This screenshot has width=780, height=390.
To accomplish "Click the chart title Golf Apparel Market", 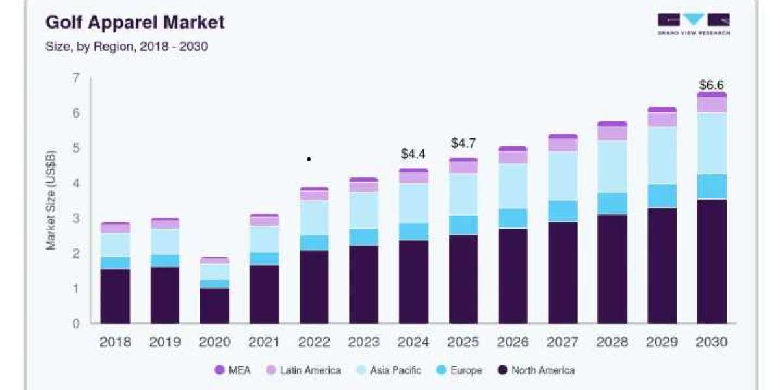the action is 135,22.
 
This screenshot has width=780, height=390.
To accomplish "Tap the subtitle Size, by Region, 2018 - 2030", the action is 127,46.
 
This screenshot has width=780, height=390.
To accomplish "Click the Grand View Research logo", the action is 694,24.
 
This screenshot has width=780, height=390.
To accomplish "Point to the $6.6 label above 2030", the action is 712,84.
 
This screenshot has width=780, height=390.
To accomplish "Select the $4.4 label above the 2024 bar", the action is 413,153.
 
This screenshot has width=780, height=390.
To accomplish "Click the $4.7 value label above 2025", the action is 463,143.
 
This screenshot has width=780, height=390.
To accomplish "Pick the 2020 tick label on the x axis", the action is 214,342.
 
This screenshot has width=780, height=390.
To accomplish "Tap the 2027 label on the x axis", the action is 562,342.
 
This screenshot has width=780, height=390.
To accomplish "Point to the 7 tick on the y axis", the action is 76,78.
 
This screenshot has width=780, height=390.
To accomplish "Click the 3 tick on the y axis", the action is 76,218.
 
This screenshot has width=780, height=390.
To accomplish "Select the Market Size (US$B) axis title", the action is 51,200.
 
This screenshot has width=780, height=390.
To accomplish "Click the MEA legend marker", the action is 220,370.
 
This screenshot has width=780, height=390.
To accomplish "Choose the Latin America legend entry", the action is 304,370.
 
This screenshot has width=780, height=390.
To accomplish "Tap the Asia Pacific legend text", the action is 396,370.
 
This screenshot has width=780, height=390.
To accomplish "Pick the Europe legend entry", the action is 460,370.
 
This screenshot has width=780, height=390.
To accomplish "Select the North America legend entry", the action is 536,370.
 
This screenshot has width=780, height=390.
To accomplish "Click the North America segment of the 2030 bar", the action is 712,261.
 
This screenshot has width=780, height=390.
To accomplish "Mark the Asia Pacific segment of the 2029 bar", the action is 662,155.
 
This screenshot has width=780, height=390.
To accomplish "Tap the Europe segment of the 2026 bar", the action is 513,218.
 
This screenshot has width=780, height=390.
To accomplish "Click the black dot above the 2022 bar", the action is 309,159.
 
